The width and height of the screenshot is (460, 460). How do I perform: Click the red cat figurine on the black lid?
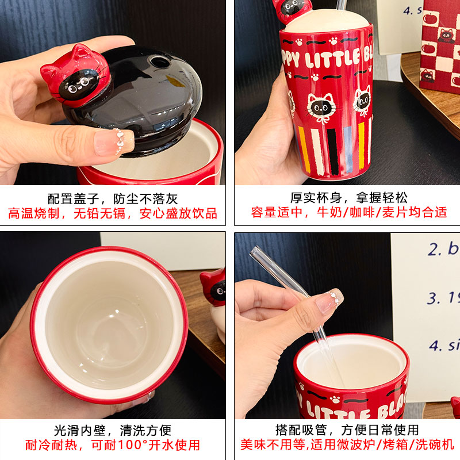[x=75, y=74]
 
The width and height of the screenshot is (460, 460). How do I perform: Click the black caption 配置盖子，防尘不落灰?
[x=113, y=200]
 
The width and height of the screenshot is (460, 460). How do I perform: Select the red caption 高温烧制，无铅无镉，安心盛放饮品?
[x=113, y=214]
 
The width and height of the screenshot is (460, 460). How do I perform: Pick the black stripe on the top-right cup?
[x=333, y=151]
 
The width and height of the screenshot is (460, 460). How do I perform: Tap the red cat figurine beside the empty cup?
[x=214, y=287]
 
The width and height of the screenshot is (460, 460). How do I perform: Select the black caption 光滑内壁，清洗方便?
[x=113, y=430]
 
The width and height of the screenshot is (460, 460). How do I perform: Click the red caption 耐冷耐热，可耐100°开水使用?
[x=113, y=444]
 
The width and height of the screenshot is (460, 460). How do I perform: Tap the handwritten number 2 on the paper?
[x=434, y=249]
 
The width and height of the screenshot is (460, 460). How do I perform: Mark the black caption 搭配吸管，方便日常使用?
[x=347, y=430]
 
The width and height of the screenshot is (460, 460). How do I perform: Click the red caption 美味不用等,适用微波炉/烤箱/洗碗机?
[x=347, y=444]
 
